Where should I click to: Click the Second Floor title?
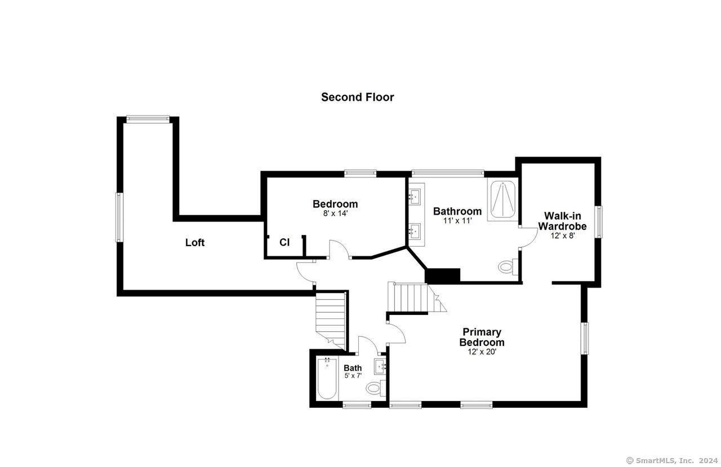click(357, 97)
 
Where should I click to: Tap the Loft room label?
click(195, 242)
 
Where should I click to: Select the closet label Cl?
click(284, 242)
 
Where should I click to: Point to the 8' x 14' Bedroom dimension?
click(335, 213)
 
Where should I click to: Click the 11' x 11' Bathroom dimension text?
click(457, 220)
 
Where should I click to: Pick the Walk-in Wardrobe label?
click(562, 221)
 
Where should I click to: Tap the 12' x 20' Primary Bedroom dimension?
click(482, 352)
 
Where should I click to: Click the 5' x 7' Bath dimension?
click(353, 376)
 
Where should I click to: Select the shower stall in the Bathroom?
click(502, 199)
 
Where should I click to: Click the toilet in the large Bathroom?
click(509, 266)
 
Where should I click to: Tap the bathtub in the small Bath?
click(327, 378)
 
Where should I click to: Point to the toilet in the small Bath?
click(376, 388)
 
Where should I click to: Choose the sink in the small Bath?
click(380, 367)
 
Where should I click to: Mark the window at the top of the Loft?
click(148, 119)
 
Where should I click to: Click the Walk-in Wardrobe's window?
click(598, 222)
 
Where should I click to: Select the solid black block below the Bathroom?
click(443, 275)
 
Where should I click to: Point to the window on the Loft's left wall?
click(119, 217)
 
